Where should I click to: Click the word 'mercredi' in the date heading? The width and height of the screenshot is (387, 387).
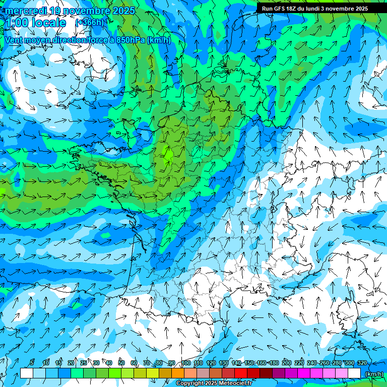coord(25,11)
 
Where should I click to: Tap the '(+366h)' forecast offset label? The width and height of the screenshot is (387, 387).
coord(89,23)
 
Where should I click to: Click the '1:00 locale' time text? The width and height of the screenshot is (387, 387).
coord(35,23)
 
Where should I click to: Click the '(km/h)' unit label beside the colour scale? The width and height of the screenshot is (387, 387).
coord(373,373)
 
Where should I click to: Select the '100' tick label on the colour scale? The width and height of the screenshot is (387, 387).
coord(186,363)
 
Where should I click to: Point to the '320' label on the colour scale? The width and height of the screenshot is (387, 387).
coord(362,363)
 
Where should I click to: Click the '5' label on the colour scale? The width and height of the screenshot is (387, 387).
coord(32,363)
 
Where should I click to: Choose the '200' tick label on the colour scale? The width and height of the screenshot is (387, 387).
coord(287,363)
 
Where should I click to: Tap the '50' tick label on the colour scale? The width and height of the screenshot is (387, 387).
coord(121,363)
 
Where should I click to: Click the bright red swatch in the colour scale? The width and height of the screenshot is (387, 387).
coord(241,373)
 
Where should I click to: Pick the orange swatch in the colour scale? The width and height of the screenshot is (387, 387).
coord(178,373)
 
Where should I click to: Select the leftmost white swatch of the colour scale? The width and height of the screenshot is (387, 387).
coord(26,373)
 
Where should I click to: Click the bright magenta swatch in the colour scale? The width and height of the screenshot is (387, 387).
coord(304,373)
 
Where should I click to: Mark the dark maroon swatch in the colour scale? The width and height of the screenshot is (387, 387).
coord(266,373)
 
